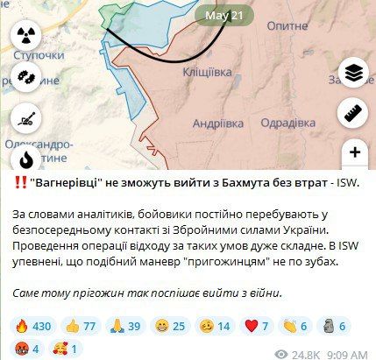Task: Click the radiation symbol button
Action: [x=25, y=34]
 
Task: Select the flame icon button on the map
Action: [x=25, y=159]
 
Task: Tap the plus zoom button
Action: [x=355, y=152]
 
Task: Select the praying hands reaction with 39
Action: [x=128, y=325]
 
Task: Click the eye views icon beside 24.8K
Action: [x=281, y=354]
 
